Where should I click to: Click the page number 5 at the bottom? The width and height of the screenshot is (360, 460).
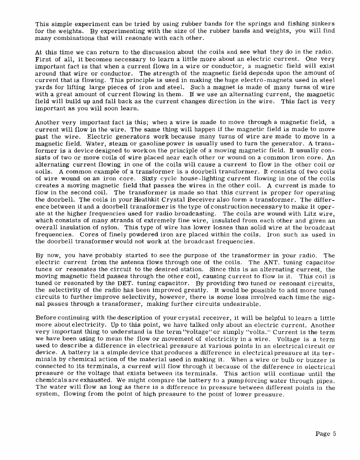coord(334,434)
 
